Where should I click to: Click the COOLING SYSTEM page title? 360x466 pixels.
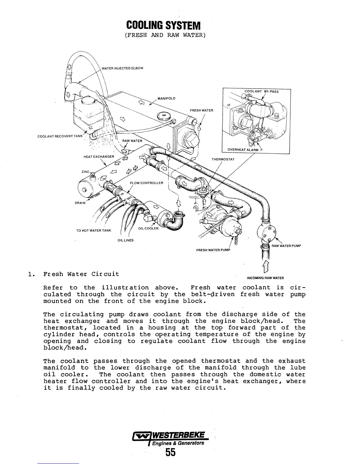[163, 26]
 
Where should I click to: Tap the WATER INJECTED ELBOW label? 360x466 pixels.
[122, 68]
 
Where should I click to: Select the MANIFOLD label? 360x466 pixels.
[166, 98]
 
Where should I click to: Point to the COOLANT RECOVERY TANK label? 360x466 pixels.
[60, 136]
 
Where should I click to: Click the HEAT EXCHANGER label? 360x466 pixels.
[99, 157]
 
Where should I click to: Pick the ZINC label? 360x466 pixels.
[85, 172]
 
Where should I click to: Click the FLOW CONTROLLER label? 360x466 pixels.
[146, 183]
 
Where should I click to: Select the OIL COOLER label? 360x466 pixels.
[148, 229]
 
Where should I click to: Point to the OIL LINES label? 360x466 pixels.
[126, 240]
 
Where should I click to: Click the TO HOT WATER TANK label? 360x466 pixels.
[94, 230]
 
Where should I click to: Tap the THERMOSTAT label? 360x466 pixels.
[223, 159]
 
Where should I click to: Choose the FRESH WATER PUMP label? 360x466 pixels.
[213, 250]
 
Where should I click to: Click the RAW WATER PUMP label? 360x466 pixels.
[286, 246]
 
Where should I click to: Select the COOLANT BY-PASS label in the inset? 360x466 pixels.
[261, 91]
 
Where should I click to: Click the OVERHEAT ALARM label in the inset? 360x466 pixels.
[243, 150]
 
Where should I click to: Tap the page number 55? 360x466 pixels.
[170, 452]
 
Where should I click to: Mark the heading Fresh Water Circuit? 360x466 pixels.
[81, 274]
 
